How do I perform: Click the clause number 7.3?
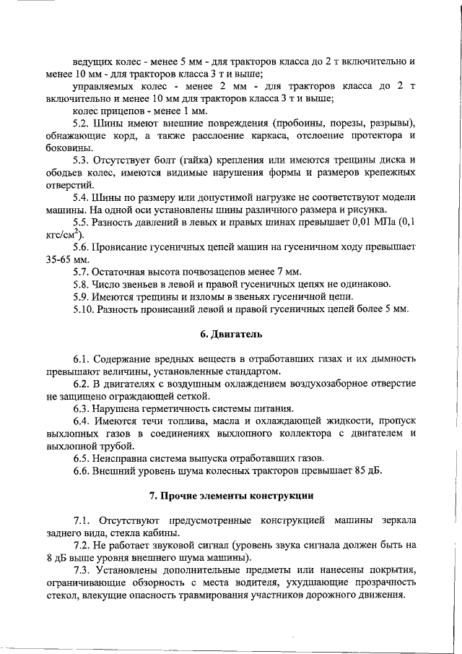[84, 571]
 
